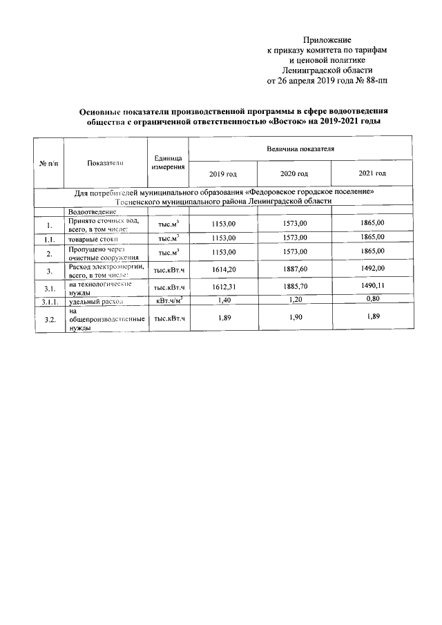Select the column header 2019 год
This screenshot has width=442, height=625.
click(222, 173)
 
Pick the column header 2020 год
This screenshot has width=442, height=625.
click(294, 173)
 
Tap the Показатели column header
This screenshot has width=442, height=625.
click(105, 163)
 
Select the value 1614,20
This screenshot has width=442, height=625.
click(222, 270)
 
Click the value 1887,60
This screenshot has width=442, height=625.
click(294, 270)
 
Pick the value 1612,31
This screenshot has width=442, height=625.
click(222, 287)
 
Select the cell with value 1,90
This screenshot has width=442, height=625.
click(294, 317)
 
